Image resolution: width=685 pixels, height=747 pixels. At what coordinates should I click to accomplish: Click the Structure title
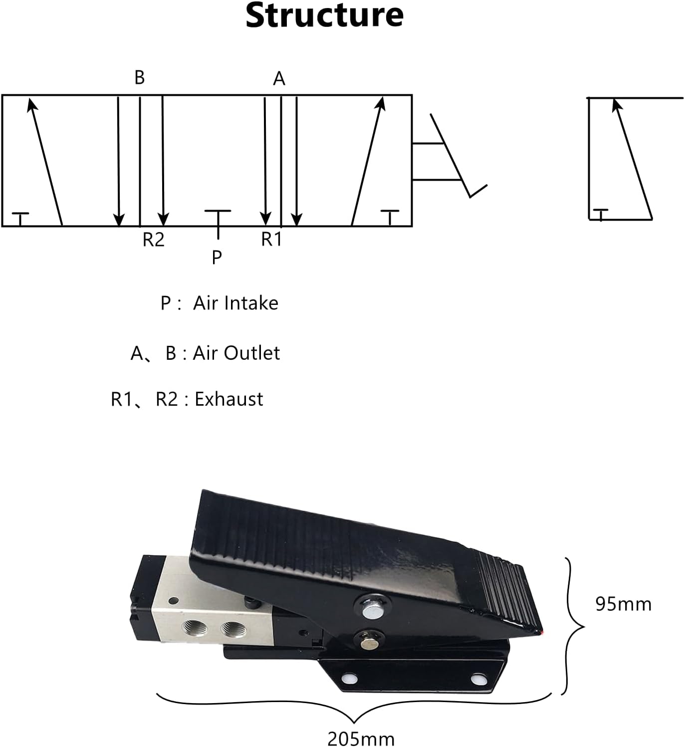(324, 15)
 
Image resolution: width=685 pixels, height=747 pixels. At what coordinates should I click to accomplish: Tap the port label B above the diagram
(140, 78)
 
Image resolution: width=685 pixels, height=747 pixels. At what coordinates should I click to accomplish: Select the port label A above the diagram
(279, 79)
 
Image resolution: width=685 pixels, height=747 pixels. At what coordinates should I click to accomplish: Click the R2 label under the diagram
(153, 240)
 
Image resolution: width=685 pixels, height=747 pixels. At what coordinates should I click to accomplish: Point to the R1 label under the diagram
(271, 240)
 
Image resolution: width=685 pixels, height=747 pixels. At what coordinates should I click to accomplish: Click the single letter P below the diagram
(217, 257)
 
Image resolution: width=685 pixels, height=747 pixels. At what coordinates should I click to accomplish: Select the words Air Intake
(235, 303)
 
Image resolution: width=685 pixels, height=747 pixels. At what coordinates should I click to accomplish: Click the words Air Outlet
(236, 353)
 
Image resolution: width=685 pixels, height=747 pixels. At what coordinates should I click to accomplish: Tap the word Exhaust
(228, 399)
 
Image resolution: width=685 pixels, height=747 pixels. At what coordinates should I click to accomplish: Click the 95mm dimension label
(623, 604)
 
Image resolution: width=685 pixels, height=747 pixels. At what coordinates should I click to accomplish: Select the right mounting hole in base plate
(480, 679)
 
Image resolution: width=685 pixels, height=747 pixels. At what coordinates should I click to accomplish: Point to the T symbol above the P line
(218, 212)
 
